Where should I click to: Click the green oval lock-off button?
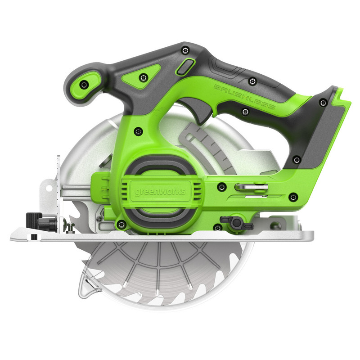183,67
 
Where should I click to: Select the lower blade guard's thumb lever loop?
90,286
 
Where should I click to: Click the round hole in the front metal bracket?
48,186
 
